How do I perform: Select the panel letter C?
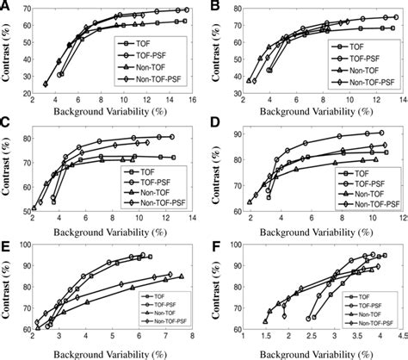click(x=7, y=125)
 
